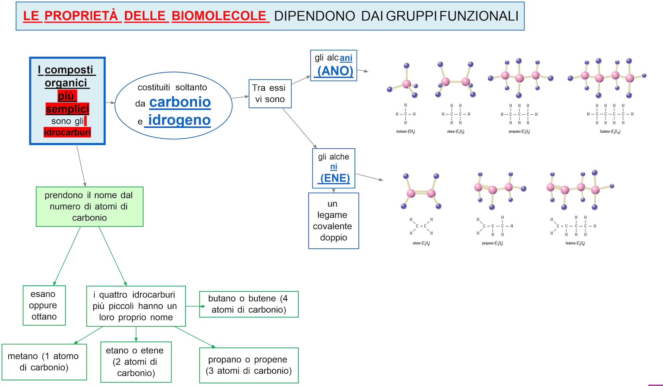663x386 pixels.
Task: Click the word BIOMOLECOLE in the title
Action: tap(219, 16)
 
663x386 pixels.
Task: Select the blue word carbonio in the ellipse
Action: tap(180, 102)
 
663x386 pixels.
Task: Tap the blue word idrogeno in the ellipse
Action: tap(179, 120)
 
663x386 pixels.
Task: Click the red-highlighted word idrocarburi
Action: tap(67, 132)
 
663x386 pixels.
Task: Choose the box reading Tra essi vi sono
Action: tap(270, 94)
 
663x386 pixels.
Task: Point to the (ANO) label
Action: tap(335, 71)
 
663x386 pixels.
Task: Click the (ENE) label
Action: tap(335, 178)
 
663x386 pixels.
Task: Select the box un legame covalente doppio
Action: tap(333, 221)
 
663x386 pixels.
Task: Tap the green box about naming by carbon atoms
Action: tap(89, 207)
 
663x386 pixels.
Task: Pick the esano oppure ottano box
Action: tap(44, 305)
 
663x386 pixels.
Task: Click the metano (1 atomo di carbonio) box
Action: tap(44, 362)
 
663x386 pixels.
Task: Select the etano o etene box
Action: tap(136, 362)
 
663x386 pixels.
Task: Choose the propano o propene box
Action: tap(248, 365)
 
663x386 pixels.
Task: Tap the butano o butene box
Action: tap(248, 304)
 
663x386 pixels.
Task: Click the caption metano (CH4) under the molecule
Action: tap(405, 132)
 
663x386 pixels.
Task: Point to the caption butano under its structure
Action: tap(610, 132)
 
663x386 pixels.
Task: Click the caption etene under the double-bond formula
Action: tap(421, 243)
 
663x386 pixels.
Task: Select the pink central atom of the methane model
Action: tap(407, 83)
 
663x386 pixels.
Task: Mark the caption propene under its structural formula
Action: tap(492, 243)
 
